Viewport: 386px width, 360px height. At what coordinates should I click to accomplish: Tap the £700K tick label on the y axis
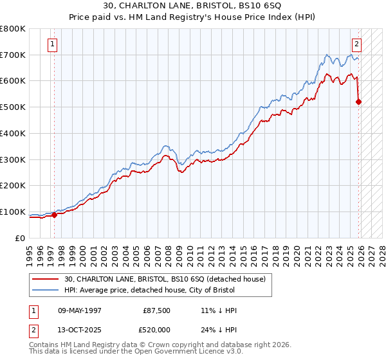(x=12, y=55)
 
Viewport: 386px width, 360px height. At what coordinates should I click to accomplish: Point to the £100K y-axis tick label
(x=12, y=212)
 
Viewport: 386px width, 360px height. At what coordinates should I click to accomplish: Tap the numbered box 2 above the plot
(x=356, y=44)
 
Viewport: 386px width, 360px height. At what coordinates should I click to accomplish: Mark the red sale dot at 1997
(x=54, y=215)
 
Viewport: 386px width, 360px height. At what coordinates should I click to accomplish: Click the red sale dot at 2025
(x=358, y=102)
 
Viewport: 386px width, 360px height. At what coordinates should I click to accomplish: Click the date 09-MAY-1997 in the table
(x=80, y=310)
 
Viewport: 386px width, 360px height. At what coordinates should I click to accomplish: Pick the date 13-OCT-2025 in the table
(x=80, y=330)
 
